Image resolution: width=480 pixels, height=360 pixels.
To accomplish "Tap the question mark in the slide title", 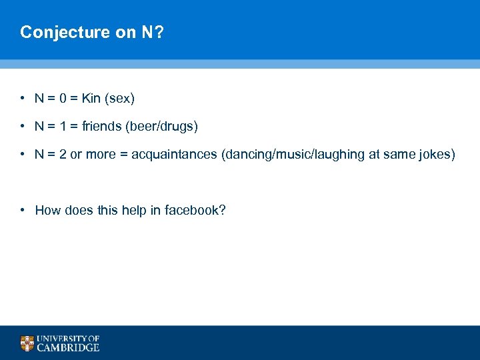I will (x=158, y=32).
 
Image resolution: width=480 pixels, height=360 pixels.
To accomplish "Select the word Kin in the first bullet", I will (x=91, y=99).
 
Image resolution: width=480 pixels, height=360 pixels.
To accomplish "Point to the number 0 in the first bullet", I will (x=63, y=99).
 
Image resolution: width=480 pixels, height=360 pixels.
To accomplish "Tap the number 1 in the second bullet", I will (x=62, y=126).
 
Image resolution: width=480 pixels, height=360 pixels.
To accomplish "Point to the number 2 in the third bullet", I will (x=63, y=155).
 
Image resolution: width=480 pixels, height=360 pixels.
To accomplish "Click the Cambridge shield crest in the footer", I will (x=27, y=343).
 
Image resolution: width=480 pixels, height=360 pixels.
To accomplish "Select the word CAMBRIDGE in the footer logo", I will (x=69, y=347).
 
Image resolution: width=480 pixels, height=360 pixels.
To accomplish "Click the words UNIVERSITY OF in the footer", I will (x=69, y=338).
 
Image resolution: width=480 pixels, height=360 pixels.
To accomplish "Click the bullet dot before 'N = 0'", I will (x=23, y=99).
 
